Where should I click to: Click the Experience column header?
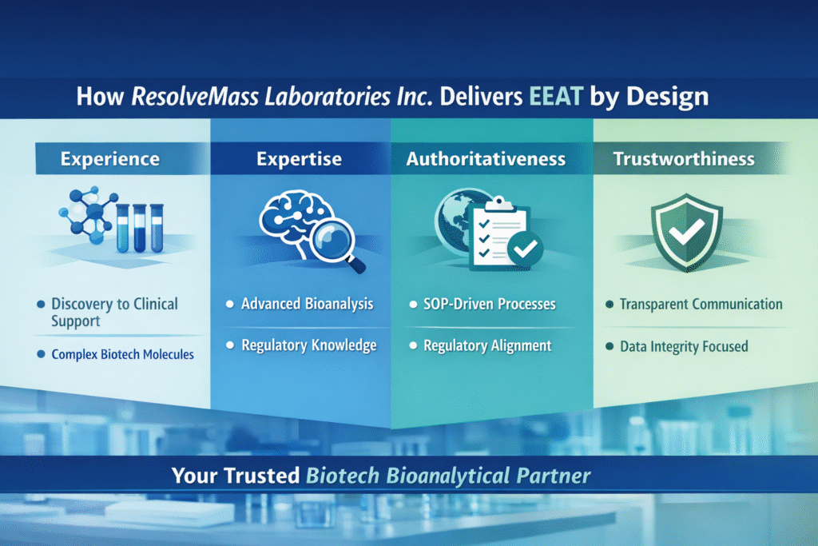click(109, 159)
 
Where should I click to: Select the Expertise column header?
click(300, 159)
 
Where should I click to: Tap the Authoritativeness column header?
click(486, 159)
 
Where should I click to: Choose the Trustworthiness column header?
click(684, 159)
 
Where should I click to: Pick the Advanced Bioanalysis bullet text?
click(307, 305)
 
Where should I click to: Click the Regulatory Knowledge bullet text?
click(308, 345)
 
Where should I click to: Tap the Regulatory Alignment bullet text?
click(486, 345)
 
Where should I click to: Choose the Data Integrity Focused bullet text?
click(684, 346)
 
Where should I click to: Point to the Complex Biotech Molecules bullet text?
click(122, 353)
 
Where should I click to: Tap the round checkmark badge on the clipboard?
click(524, 249)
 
